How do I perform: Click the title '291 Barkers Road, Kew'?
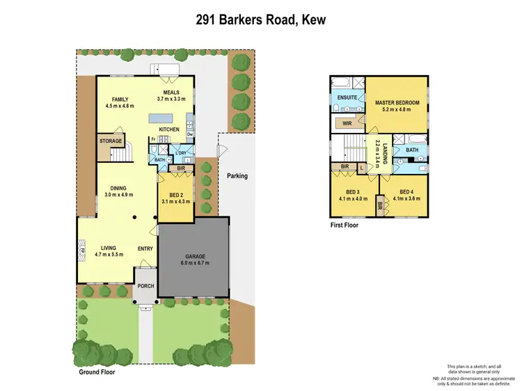[x=260, y=20]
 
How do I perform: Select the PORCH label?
[x=145, y=286]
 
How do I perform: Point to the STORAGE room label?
[x=110, y=141]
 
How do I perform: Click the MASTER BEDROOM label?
[x=397, y=102]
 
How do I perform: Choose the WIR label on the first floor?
[x=347, y=123]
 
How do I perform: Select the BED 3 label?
[x=354, y=191]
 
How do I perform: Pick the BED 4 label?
[x=407, y=191]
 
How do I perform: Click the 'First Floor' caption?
[x=344, y=225]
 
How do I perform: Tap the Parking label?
[x=237, y=176]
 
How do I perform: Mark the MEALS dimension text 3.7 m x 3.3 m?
[x=171, y=99]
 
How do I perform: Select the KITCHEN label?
[x=169, y=129]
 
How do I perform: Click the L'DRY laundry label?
[x=182, y=152]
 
